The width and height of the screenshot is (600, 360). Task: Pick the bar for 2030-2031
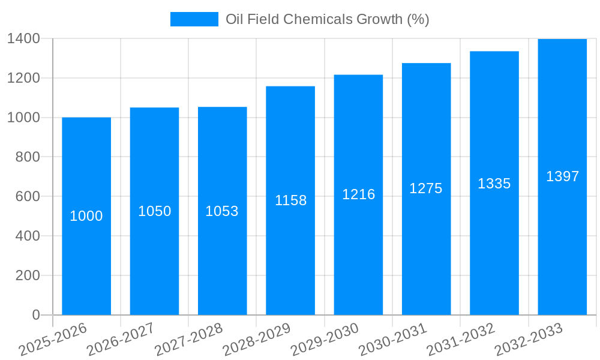[x=426, y=252]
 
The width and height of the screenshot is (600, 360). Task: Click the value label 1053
[x=222, y=211]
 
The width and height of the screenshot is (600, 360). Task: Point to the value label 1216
[x=358, y=194]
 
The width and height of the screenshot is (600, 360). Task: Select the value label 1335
[x=494, y=184]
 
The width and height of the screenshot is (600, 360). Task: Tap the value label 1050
[x=154, y=211]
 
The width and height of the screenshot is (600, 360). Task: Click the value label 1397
[x=562, y=176]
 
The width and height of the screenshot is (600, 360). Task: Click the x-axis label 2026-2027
[x=121, y=340]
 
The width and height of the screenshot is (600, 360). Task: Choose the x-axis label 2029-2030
[x=325, y=340]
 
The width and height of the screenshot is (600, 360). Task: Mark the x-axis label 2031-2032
[x=461, y=340]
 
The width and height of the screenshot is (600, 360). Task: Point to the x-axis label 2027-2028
[x=188, y=340]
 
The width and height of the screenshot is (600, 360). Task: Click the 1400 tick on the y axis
[x=23, y=38]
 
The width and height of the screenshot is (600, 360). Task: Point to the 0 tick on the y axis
[x=36, y=315]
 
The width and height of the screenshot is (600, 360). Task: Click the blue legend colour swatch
[x=194, y=19]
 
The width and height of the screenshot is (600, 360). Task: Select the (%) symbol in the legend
[x=418, y=19]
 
